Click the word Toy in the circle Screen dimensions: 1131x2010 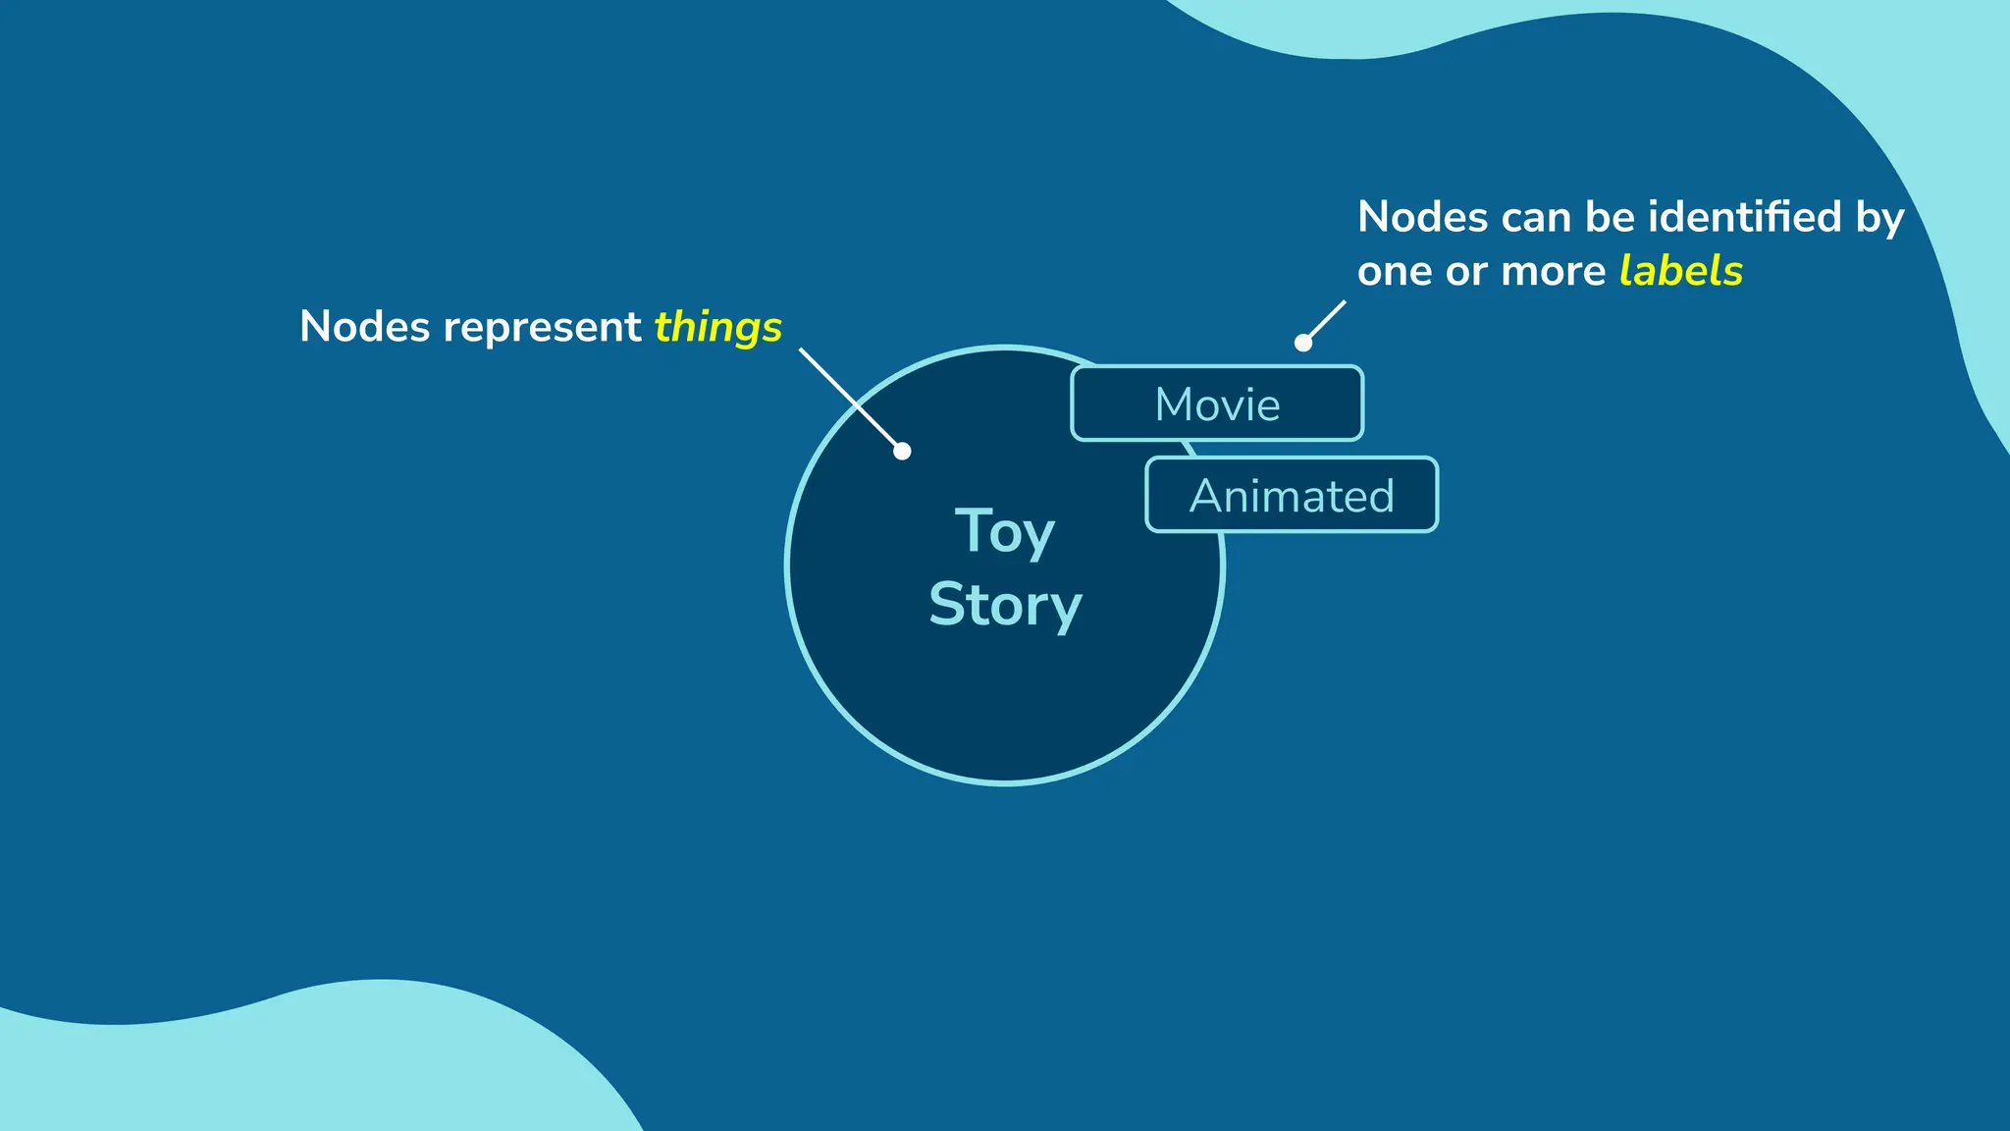coord(1004,532)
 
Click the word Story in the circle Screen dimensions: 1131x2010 coord(1005,605)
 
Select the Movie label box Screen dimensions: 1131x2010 coord(1217,404)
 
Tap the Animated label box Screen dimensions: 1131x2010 coord(1292,495)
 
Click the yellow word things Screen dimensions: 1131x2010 coord(717,327)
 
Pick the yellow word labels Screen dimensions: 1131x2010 coord(1680,271)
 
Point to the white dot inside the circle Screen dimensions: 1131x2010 coord(902,451)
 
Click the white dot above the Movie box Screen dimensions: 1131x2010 coord(1303,343)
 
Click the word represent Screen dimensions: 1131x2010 coord(542,327)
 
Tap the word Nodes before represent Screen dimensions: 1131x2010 coord(364,327)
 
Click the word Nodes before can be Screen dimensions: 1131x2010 coord(1422,217)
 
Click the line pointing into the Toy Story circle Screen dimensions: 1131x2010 coord(849,398)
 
